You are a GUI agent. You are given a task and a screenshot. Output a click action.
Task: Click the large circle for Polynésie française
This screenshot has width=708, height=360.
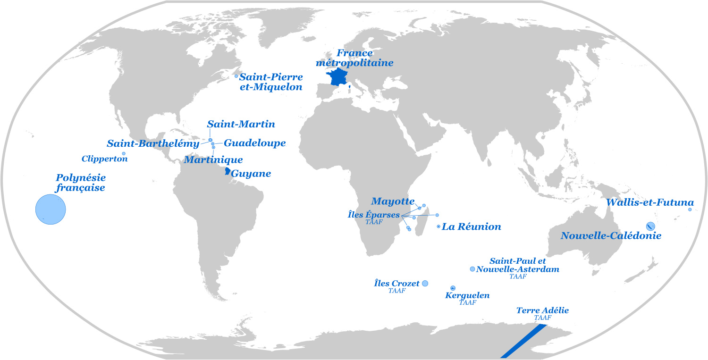tap(51, 209)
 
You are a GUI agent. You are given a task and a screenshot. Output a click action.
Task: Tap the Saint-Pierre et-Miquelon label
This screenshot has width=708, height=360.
tap(271, 81)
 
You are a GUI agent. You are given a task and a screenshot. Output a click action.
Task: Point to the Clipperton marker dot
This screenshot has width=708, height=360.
tap(124, 153)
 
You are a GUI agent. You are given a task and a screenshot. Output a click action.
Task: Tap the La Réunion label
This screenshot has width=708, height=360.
tap(471, 227)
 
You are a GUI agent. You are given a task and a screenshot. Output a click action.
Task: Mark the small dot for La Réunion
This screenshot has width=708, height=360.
tap(438, 227)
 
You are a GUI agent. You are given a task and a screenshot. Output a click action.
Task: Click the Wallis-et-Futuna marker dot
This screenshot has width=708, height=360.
tap(690, 209)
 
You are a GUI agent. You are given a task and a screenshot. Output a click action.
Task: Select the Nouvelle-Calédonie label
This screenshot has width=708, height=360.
tap(611, 235)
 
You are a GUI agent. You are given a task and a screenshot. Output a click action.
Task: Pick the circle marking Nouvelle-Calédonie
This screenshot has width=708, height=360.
tap(650, 226)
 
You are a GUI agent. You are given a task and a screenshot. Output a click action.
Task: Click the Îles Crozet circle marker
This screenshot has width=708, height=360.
tap(424, 283)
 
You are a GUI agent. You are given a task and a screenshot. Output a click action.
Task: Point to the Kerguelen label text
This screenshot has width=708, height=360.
tap(467, 295)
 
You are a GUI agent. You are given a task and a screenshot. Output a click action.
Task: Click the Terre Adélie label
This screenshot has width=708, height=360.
tap(542, 310)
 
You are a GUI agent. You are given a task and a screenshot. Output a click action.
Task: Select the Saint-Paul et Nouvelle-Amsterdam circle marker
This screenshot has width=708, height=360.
tap(472, 269)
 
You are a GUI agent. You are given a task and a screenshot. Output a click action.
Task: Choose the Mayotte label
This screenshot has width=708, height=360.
tap(393, 201)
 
